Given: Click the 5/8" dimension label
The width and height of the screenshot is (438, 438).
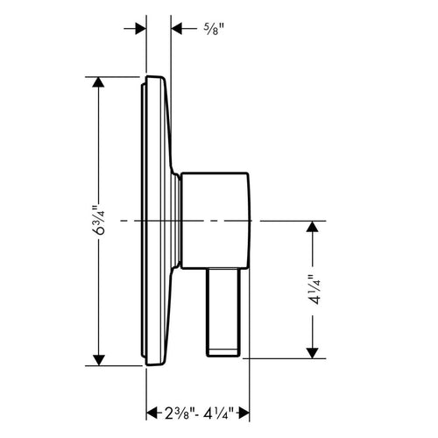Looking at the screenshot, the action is (x=214, y=29).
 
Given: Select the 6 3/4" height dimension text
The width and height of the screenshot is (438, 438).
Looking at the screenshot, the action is (x=98, y=220).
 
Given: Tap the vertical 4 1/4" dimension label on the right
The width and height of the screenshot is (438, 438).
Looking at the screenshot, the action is (x=313, y=289).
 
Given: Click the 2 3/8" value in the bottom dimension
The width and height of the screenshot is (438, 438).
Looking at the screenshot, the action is (x=179, y=413).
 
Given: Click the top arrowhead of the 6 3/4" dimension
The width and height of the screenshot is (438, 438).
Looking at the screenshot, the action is (x=98, y=81).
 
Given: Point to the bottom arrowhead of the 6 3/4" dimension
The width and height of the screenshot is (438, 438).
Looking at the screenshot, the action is (x=98, y=360).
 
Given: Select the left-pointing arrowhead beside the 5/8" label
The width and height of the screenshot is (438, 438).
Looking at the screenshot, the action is (x=176, y=29).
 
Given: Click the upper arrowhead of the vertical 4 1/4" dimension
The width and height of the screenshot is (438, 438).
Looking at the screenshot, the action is (x=313, y=226).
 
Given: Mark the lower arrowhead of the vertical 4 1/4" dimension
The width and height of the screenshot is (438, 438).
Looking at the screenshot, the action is (x=313, y=353).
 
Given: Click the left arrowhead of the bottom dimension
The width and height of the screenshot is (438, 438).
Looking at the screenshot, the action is (x=152, y=413).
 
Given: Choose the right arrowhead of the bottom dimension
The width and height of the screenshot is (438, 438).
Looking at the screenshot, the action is (x=244, y=413).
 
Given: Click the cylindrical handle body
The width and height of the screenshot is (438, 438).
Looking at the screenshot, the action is (x=215, y=221).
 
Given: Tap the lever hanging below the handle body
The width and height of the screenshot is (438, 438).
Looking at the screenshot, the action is (x=223, y=312).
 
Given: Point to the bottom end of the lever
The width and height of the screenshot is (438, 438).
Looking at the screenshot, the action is (x=223, y=357).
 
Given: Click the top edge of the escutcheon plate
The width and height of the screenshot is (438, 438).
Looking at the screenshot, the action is (x=155, y=77).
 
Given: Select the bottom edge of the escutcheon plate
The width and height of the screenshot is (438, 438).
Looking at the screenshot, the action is (x=154, y=364).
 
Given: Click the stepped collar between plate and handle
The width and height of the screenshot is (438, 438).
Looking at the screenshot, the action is (x=176, y=221).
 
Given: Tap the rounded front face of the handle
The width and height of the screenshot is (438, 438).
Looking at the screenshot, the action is (x=249, y=221).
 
